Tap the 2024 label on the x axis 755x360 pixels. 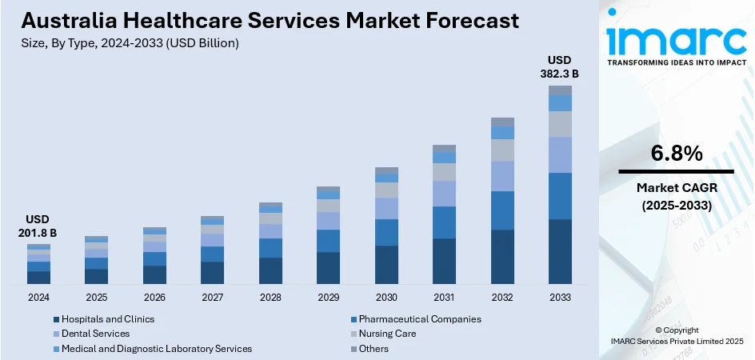[x=38, y=297]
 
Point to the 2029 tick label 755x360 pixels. [x=328, y=297]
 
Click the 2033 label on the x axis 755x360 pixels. [x=560, y=297]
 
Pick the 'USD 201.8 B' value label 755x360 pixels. [x=38, y=226]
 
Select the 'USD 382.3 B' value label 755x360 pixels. [x=560, y=66]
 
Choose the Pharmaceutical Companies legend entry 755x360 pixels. [x=419, y=318]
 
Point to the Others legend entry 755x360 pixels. [x=374, y=349]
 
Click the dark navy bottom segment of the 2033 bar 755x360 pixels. [x=560, y=251]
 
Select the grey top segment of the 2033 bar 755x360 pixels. [x=560, y=90]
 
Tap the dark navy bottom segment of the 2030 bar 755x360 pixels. [x=386, y=265]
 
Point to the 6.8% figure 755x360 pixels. [x=676, y=153]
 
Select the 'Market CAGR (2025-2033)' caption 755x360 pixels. [x=676, y=196]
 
